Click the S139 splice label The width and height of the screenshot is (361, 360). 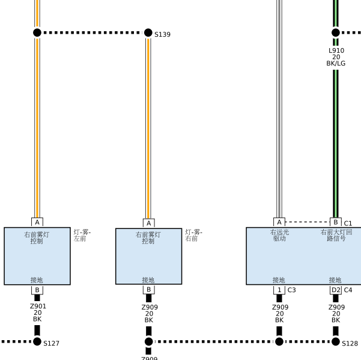point(162,34)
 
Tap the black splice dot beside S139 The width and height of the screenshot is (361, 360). point(148,32)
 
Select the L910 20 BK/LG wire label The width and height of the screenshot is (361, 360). point(336,57)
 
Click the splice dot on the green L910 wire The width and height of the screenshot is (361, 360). point(336,32)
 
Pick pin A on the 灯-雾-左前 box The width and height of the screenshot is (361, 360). point(37,222)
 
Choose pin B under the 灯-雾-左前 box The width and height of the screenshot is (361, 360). point(37,290)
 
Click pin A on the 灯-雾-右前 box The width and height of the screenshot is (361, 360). point(149,223)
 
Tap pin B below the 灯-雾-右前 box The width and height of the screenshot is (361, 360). point(149,289)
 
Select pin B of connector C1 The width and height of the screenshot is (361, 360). point(336,222)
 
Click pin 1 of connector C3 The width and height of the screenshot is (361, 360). point(279,290)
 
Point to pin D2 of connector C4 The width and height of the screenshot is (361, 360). point(336,290)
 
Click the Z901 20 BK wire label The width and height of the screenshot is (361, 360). point(38,313)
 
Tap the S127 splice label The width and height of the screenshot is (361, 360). point(51,343)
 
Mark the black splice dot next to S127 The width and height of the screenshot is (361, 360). point(37,341)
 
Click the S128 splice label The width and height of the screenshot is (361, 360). point(350,343)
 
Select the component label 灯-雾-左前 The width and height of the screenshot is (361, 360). point(82,236)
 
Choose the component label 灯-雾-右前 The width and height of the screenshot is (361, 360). point(193,236)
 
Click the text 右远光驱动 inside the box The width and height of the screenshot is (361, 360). point(279,235)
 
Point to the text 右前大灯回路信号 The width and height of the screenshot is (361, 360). point(336,235)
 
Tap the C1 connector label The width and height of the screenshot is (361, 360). point(348,224)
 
